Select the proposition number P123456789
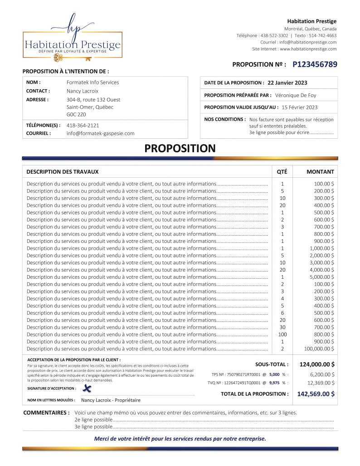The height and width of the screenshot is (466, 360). click(315, 65)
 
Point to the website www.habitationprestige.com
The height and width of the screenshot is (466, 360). click(308, 49)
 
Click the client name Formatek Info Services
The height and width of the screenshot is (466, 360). click(92, 83)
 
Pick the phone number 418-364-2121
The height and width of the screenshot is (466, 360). click(83, 125)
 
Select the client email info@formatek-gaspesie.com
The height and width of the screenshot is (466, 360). click(101, 133)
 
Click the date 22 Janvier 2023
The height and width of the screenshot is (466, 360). click(287, 83)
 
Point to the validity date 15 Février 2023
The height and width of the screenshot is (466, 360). click(300, 107)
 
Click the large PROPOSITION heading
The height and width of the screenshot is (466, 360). click(180, 148)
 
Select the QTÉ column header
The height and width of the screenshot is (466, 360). click(282, 172)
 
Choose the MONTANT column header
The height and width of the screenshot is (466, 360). click(320, 172)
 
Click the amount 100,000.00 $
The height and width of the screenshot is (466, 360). click(319, 349)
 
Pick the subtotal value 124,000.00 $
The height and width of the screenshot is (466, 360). click(317, 364)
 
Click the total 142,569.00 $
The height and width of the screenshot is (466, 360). click(316, 394)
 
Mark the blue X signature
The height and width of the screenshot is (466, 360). click(87, 388)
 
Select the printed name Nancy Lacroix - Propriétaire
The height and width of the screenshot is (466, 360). click(111, 400)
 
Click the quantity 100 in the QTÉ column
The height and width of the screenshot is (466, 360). click(282, 335)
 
